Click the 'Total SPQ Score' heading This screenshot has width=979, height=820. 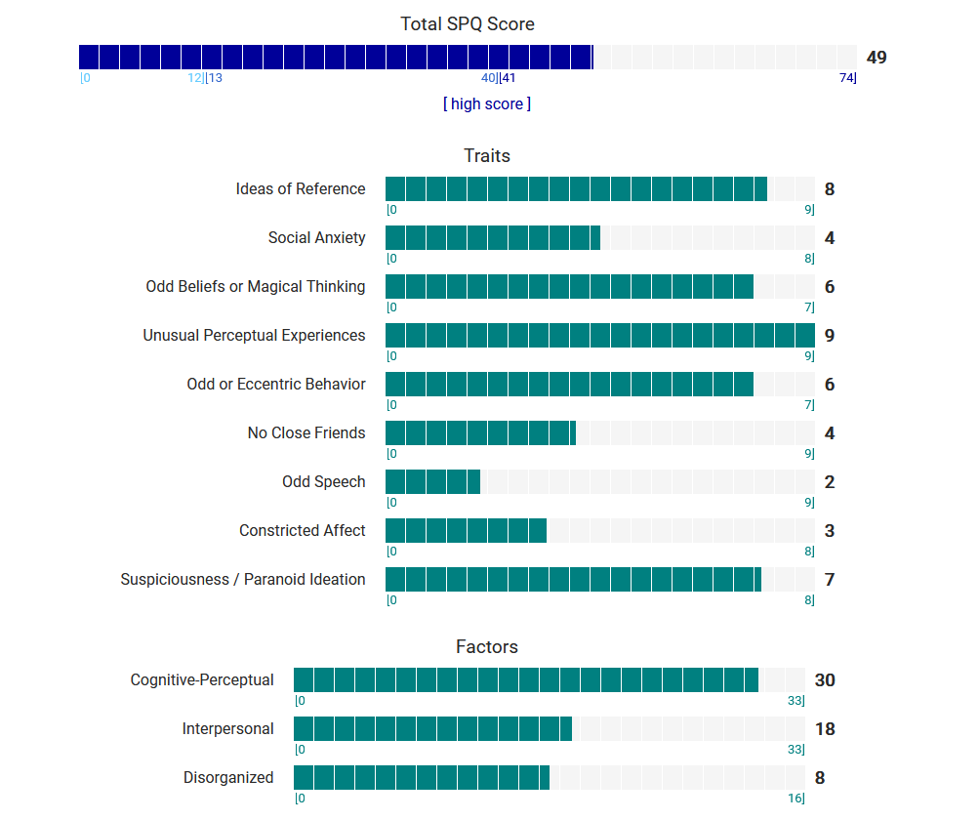click(x=468, y=24)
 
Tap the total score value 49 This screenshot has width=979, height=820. click(x=877, y=58)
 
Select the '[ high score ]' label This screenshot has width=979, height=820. click(x=487, y=103)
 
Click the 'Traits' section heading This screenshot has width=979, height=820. click(x=487, y=155)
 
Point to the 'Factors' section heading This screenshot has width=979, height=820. click(x=487, y=646)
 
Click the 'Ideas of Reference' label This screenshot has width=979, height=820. click(x=301, y=189)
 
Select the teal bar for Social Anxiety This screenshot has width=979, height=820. click(x=493, y=238)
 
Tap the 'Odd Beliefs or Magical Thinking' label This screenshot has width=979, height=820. click(x=256, y=287)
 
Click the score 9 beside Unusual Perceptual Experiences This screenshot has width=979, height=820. click(x=830, y=336)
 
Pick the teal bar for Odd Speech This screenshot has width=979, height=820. click(x=432, y=482)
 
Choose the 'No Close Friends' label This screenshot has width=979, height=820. click(x=306, y=433)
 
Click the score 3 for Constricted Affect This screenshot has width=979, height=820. click(x=830, y=531)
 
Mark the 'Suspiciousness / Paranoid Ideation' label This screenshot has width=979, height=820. click(x=243, y=580)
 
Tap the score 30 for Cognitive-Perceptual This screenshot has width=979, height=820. click(x=825, y=680)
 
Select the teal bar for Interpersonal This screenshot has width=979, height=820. click(x=432, y=729)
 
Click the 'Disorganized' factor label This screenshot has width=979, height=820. click(x=228, y=778)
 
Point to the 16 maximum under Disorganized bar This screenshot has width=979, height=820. click(x=796, y=799)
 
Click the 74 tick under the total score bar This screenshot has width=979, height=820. click(x=847, y=78)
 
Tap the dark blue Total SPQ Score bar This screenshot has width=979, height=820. click(x=336, y=58)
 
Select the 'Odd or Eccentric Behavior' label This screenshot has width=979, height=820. click(x=276, y=385)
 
